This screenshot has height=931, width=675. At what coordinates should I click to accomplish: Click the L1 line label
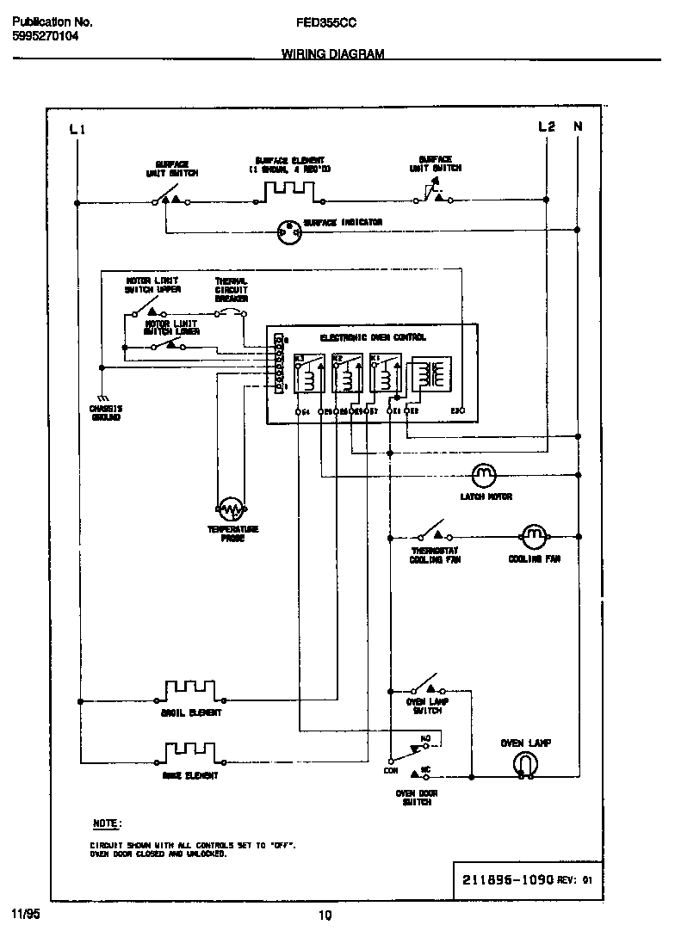click(77, 129)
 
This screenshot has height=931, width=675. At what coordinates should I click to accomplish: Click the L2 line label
click(546, 126)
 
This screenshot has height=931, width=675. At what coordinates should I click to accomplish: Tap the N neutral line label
click(578, 126)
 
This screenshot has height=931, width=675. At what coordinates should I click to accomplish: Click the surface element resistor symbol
click(280, 195)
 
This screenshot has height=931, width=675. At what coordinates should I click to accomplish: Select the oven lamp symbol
click(525, 764)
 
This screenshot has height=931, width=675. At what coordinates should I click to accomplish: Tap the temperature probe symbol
click(231, 509)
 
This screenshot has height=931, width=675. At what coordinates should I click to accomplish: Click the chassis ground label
click(106, 412)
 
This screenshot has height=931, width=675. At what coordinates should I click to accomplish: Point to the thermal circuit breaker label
click(231, 290)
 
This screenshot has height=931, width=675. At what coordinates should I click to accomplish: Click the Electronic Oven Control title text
click(373, 338)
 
